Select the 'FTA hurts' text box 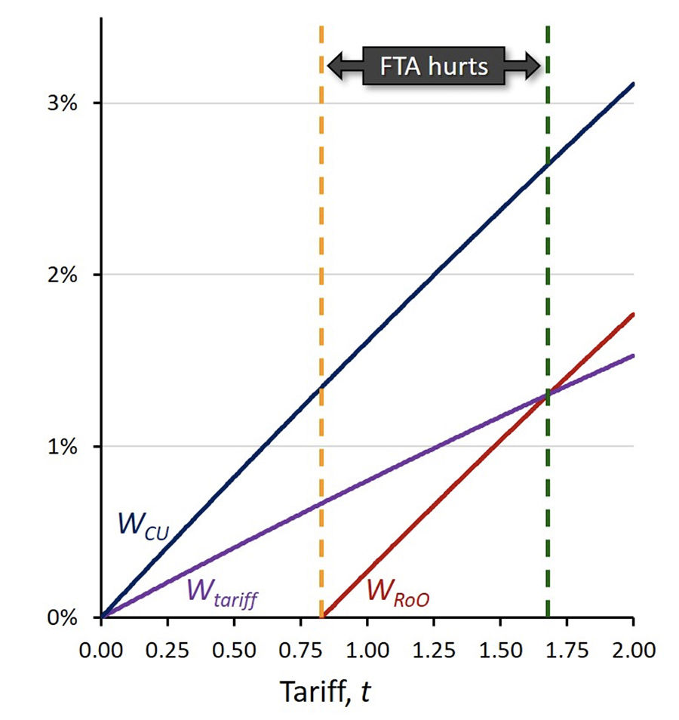click(x=435, y=66)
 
